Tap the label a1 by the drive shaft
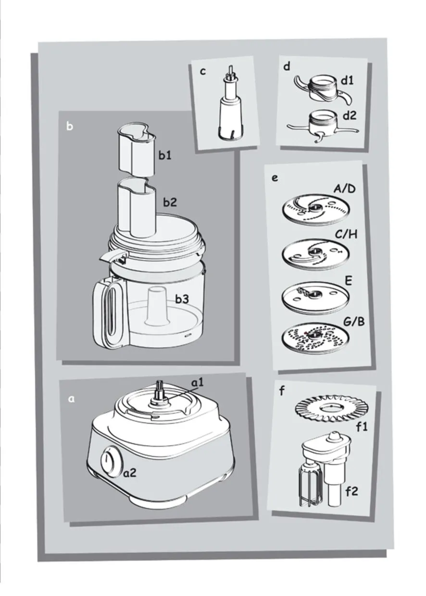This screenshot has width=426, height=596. [x=198, y=383]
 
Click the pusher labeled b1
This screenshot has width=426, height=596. [x=136, y=151]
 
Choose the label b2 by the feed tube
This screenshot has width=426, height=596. [x=170, y=202]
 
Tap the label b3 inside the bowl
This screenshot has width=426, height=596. [x=182, y=299]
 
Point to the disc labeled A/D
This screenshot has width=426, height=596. [x=315, y=210]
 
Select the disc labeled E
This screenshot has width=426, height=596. [x=315, y=296]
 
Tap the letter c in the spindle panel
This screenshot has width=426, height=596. [x=203, y=71]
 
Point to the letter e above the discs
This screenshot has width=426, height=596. [x=275, y=178]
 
